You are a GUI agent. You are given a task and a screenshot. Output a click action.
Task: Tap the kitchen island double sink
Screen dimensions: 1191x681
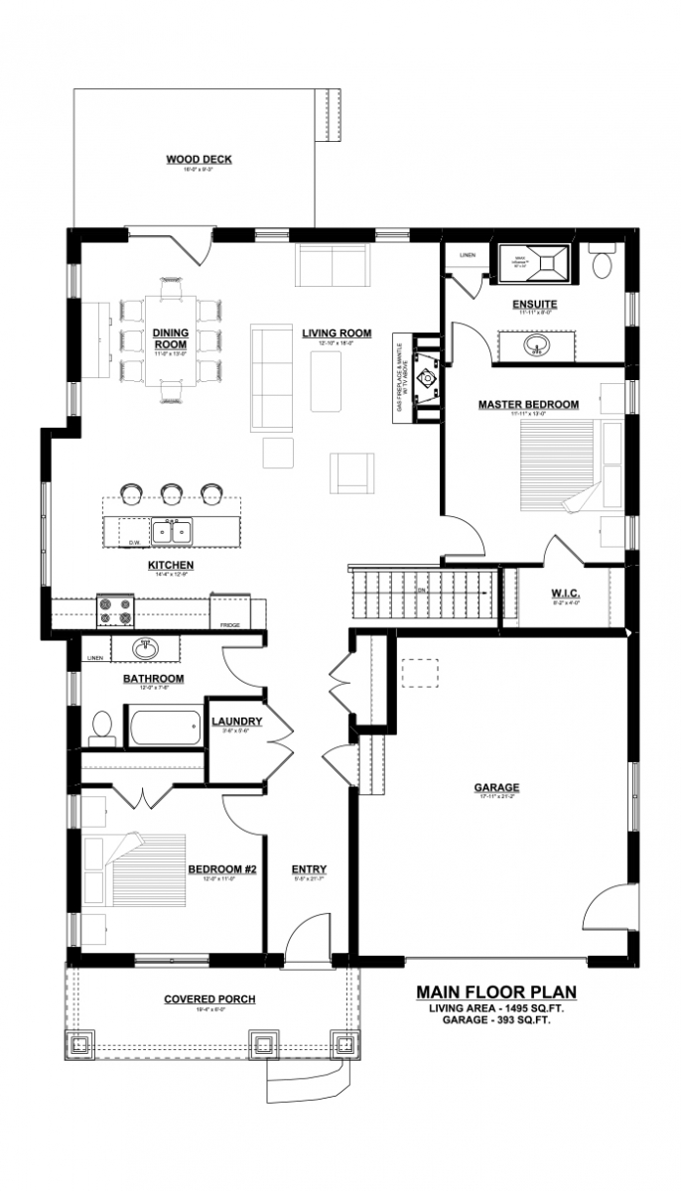(172, 533)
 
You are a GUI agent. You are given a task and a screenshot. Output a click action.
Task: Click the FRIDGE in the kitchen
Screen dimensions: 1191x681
(229, 611)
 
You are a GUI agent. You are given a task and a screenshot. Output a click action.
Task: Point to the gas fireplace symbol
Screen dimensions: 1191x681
(427, 379)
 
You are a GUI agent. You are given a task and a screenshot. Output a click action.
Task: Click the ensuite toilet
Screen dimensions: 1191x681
(603, 263)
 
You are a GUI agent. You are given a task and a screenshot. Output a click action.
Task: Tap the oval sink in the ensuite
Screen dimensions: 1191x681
(535, 345)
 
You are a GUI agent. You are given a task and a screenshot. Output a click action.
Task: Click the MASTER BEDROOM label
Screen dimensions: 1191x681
(527, 404)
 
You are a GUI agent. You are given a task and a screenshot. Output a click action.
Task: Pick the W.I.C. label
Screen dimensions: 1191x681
(565, 594)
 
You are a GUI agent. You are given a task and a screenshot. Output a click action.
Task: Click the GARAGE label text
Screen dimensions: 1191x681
(496, 788)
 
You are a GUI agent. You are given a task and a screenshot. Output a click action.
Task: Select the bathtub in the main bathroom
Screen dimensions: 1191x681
(162, 727)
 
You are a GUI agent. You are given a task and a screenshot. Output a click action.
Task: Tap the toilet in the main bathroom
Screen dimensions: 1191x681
(100, 728)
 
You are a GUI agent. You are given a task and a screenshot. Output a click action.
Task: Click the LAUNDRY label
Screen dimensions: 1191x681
(236, 722)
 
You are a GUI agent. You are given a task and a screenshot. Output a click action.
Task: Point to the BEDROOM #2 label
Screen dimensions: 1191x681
(222, 870)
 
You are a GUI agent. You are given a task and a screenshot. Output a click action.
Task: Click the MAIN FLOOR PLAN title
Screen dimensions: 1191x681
(495, 992)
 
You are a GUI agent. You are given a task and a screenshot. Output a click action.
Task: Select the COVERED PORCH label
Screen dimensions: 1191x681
(209, 999)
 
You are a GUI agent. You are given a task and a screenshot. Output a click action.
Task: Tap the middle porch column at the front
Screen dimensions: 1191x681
(263, 1043)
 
